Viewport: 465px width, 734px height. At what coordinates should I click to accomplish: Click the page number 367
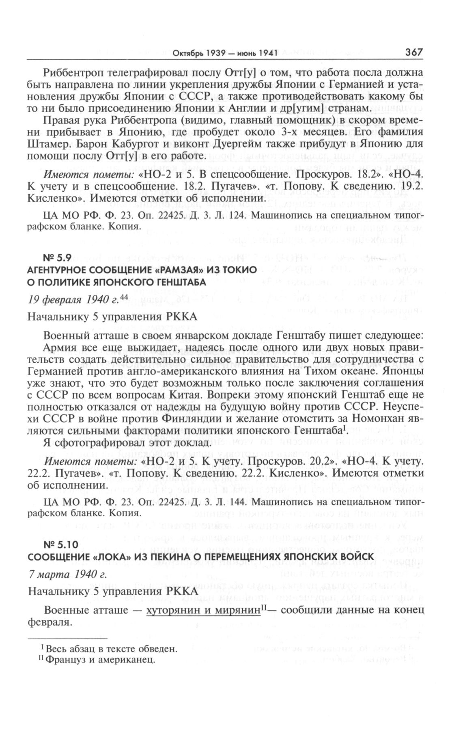(414, 52)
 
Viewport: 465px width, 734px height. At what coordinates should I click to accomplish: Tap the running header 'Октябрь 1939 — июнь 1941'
(225, 53)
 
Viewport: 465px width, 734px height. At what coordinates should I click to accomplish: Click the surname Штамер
(48, 144)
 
